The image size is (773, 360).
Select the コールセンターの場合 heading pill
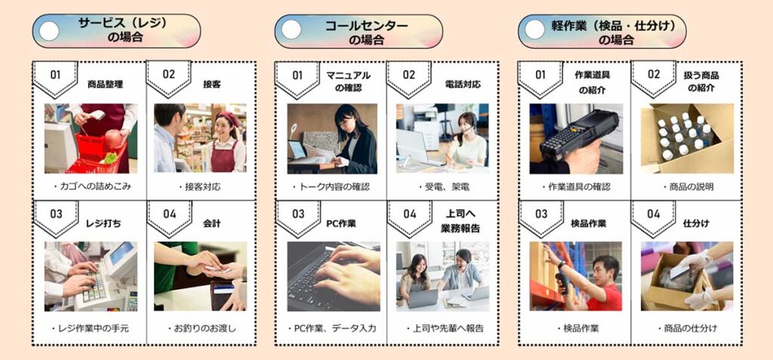coord(359,31)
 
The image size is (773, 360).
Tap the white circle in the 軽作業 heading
coord(535,31)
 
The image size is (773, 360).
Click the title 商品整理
coord(105,85)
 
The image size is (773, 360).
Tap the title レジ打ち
coord(106,223)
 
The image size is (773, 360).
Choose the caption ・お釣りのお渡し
coord(201,328)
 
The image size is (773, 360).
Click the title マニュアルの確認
coord(348,82)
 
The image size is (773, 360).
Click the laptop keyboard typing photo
coord(333,276)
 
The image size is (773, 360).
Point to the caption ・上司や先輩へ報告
coord(445,328)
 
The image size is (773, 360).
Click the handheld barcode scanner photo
coord(576,139)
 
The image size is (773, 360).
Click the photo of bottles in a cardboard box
coord(687,139)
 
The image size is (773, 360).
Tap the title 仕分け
coord(696,223)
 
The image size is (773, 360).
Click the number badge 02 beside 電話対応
coord(409,75)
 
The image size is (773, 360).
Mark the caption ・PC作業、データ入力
coord(331,328)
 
